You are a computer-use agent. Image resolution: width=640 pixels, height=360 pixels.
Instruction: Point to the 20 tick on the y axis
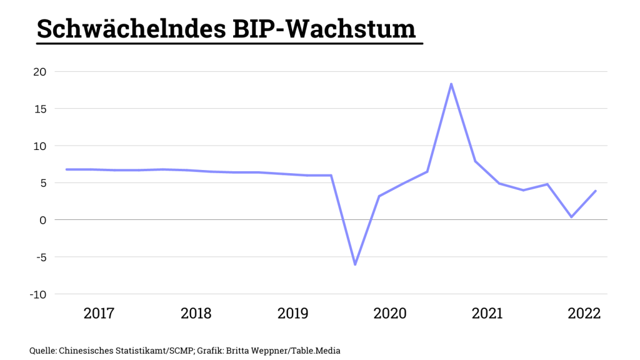pos(39,72)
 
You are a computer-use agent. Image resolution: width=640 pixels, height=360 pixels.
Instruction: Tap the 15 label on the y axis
pos(39,109)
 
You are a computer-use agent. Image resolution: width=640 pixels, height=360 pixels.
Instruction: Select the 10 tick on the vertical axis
pos(39,146)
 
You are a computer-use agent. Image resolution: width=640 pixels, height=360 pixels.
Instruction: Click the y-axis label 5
pos(42,183)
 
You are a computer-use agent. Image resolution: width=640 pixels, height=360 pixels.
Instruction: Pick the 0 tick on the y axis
pos(42,220)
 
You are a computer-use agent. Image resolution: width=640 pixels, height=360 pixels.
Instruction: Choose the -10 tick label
pos(37,294)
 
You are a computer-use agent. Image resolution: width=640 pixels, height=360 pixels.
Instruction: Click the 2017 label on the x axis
pos(99,313)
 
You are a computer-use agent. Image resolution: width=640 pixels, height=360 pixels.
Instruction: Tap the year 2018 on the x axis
pos(196,313)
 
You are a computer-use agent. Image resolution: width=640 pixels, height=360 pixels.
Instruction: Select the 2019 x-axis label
pos(292,313)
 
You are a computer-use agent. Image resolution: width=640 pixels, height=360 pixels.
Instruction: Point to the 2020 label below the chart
pos(390,313)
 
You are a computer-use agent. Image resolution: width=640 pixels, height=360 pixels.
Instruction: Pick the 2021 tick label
pos(487,313)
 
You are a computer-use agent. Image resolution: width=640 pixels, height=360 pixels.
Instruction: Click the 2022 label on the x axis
pos(584,313)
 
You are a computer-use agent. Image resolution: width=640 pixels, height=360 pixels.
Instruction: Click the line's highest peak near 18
pos(451,84)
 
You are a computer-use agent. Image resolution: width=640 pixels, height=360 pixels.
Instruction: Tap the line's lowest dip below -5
pos(355,264)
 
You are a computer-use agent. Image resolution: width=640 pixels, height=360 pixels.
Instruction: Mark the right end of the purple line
pos(596,191)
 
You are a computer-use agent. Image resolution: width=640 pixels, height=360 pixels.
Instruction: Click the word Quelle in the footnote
pos(42,351)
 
